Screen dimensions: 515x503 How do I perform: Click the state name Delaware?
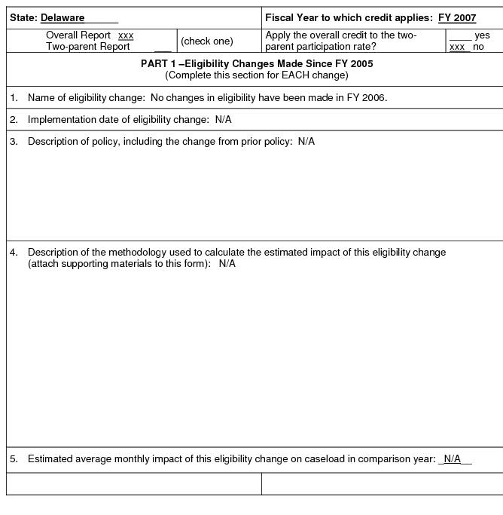pyautogui.click(x=62, y=18)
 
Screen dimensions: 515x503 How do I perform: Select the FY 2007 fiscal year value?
pyautogui.click(x=457, y=18)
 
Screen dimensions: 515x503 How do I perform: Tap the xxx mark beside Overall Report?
pyautogui.click(x=126, y=35)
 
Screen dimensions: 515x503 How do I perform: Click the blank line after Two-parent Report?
pyautogui.click(x=163, y=48)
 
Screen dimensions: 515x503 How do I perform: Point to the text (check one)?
pyautogui.click(x=207, y=41)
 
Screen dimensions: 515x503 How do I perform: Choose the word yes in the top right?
pyautogui.click(x=482, y=35)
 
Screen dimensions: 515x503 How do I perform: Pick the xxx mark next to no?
pyautogui.click(x=457, y=47)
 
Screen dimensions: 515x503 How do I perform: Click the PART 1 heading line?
pyautogui.click(x=257, y=64)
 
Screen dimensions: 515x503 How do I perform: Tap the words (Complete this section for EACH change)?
pyautogui.click(x=257, y=75)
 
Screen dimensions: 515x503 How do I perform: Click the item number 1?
pyautogui.click(x=14, y=98)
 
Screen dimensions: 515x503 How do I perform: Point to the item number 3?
pyautogui.click(x=14, y=142)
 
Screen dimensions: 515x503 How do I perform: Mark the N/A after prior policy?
pyautogui.click(x=306, y=142)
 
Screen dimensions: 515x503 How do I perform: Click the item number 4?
pyautogui.click(x=14, y=253)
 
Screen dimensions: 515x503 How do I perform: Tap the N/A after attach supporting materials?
pyautogui.click(x=227, y=264)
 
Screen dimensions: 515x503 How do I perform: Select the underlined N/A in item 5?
pyautogui.click(x=452, y=459)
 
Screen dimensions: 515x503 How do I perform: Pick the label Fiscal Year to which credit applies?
pyautogui.click(x=349, y=18)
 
